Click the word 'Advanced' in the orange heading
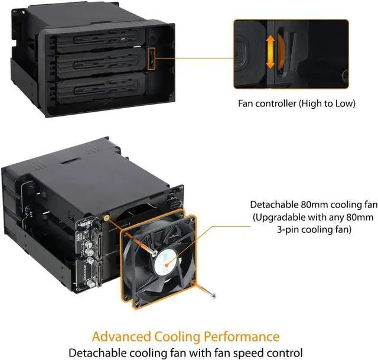coord(129,336)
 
